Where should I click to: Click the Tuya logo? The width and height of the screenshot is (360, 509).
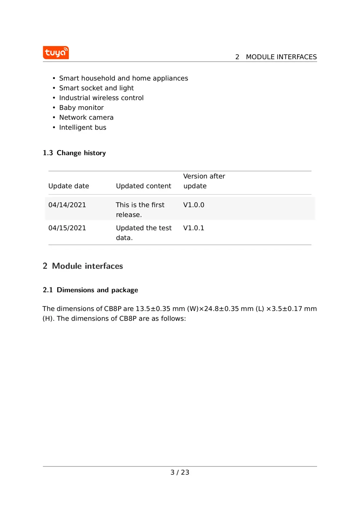(56, 53)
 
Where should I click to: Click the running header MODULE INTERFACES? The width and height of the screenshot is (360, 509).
(281, 57)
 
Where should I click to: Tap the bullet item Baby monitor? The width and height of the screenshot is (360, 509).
(81, 108)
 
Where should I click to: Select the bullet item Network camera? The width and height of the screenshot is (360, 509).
(86, 117)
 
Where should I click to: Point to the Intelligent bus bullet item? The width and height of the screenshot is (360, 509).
(83, 127)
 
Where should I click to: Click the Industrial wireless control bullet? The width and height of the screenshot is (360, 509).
(101, 98)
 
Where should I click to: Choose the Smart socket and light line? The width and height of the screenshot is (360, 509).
(96, 88)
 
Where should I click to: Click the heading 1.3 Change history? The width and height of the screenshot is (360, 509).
(74, 153)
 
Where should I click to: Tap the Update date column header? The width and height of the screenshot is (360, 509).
(68, 186)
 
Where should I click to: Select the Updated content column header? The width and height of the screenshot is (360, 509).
(143, 186)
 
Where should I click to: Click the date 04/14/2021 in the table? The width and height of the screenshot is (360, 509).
(67, 205)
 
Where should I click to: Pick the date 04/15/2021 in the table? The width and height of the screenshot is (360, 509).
(67, 228)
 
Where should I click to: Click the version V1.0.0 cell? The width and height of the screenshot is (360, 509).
(193, 205)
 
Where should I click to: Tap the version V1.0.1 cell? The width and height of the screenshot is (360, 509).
(193, 228)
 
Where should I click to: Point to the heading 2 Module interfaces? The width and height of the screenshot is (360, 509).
(83, 266)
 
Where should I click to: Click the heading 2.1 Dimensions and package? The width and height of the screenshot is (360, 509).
(90, 290)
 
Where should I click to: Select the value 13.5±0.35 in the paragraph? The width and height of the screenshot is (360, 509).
(153, 309)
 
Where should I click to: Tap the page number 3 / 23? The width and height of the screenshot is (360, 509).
(180, 472)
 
